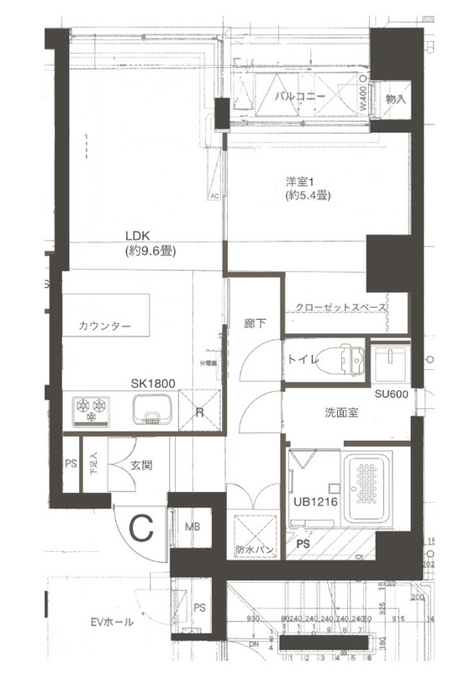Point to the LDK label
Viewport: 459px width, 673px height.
pos(139,236)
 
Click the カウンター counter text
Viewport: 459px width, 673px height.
pos(106,326)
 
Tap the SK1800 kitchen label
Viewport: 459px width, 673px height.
pos(152,384)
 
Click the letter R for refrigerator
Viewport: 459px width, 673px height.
pos(200,412)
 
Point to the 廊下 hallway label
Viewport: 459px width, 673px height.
pos(254,322)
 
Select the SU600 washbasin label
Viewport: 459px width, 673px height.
pos(392,395)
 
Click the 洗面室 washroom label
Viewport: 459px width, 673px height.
pos(342,413)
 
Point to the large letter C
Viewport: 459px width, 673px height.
pos(142,529)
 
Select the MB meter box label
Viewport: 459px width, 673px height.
pos(193,527)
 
